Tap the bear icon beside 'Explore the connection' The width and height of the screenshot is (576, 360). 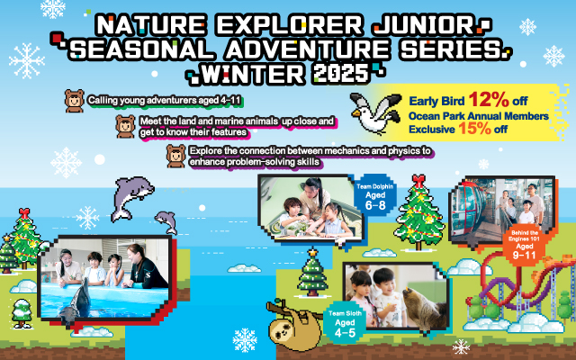pos(176,155)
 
